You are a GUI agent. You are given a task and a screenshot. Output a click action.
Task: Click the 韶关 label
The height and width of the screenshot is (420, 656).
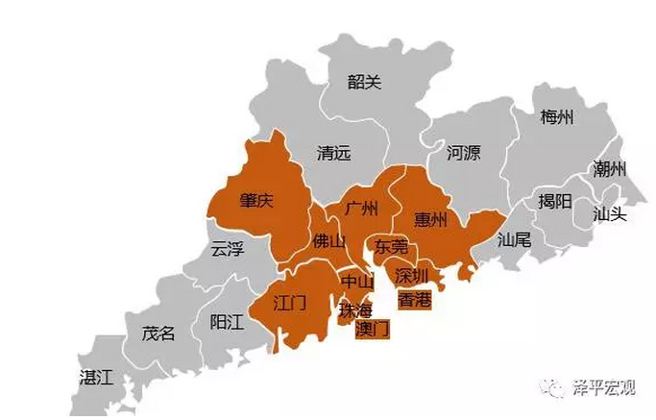pyautogui.click(x=364, y=83)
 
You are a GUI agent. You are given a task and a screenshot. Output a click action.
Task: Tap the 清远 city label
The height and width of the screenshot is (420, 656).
pyautogui.click(x=334, y=153)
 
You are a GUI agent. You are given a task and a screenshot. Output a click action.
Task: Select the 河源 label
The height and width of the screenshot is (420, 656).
pyautogui.click(x=463, y=152)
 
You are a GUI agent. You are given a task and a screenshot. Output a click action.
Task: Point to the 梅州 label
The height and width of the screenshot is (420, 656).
pyautogui.click(x=556, y=117)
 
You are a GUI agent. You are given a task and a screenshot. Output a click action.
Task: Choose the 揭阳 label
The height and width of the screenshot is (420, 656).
pyautogui.click(x=554, y=201)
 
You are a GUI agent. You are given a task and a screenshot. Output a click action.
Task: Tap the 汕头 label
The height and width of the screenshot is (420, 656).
pyautogui.click(x=609, y=213)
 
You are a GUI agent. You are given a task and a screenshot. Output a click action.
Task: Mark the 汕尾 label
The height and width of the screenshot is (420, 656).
pyautogui.click(x=514, y=240)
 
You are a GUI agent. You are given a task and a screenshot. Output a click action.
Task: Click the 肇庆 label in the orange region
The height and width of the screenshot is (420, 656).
pyautogui.click(x=256, y=201)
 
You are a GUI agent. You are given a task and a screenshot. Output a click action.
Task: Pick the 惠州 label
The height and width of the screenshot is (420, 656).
pyautogui.click(x=430, y=219)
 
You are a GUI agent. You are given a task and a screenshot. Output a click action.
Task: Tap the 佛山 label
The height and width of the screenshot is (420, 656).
pyautogui.click(x=328, y=240)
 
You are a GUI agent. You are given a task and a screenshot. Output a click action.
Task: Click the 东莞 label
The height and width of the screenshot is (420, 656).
pyautogui.click(x=392, y=247)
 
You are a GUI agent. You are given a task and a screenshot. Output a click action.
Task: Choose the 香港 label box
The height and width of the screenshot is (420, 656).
pyautogui.click(x=414, y=300)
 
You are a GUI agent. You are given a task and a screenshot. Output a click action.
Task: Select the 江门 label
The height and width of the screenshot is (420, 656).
pyautogui.click(x=289, y=304)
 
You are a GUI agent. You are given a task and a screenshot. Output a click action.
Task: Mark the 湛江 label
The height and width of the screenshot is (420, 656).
pyautogui.click(x=96, y=377)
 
